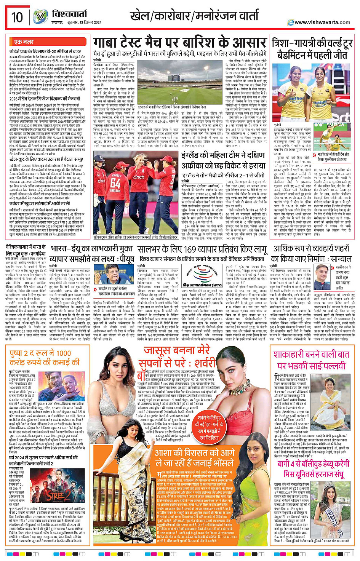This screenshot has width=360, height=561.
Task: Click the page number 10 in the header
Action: click(17, 17)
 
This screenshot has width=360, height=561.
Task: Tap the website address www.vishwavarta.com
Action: click(322, 22)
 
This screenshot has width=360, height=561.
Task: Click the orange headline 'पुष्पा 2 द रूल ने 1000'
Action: click(45, 358)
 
